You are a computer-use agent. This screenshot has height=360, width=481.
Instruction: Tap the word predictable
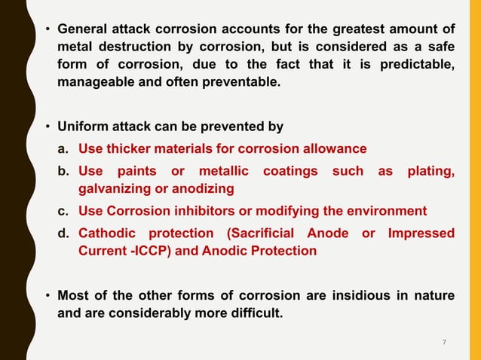pyautogui.click(x=418, y=64)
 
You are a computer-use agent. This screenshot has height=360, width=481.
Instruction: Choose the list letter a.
pyautogui.click(x=64, y=148)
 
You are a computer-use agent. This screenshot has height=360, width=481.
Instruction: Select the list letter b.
pyautogui.click(x=64, y=172)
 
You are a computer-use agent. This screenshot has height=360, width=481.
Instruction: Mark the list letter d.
pyautogui.click(x=64, y=234)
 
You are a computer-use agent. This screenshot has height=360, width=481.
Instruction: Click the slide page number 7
pyautogui.click(x=444, y=343)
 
